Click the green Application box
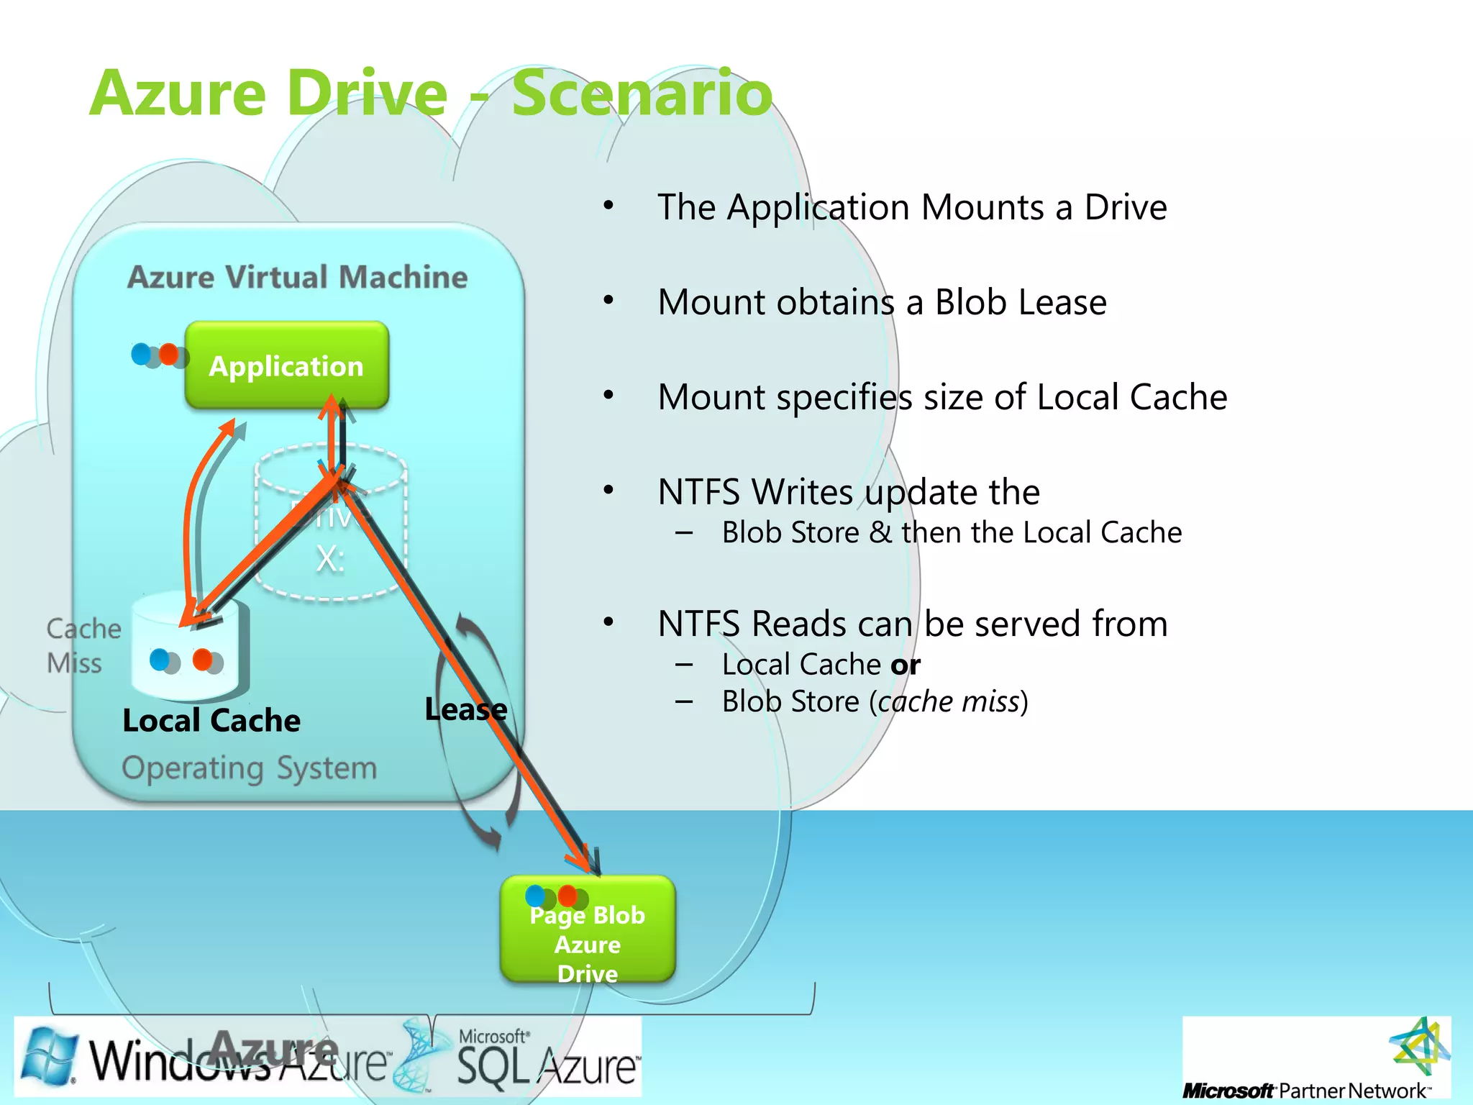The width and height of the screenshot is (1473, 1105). pos(286,365)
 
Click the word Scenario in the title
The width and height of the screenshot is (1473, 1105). pos(642,94)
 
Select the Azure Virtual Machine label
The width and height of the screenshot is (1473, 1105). pos(297,277)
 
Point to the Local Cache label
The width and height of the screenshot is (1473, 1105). pos(211,721)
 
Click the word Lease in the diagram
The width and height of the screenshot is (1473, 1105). pos(465,710)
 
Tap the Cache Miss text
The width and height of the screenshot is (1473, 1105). pos(83,645)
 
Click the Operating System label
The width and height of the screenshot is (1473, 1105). pos(249,768)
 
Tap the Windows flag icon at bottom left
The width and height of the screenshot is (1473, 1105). pos(49,1056)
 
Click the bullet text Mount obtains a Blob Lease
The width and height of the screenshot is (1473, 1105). pos(882,302)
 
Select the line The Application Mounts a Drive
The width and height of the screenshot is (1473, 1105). pos(911,207)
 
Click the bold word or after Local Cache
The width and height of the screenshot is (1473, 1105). pos(906,665)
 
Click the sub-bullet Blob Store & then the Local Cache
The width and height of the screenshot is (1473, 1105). pos(951,533)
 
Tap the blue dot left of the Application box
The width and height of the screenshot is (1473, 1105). pos(140,353)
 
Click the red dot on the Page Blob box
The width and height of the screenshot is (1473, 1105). pos(567,895)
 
